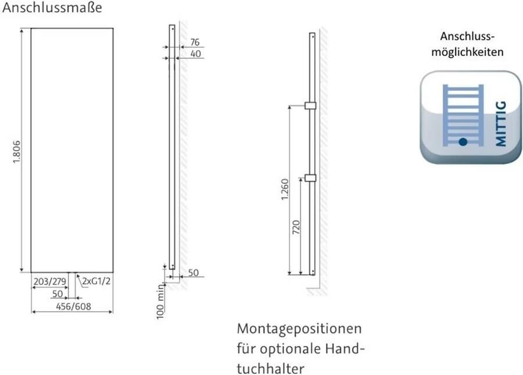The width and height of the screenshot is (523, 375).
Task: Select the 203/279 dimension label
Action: (49, 281)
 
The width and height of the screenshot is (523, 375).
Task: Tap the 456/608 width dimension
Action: (73, 306)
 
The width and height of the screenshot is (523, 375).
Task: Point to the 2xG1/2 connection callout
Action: (96, 281)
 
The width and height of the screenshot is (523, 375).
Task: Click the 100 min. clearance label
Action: (161, 301)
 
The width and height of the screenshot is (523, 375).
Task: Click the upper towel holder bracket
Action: (310, 106)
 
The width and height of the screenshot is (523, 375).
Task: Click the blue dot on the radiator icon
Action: (463, 141)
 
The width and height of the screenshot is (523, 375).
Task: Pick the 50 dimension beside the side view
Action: (193, 272)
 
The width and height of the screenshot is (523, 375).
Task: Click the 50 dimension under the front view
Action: (57, 294)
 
